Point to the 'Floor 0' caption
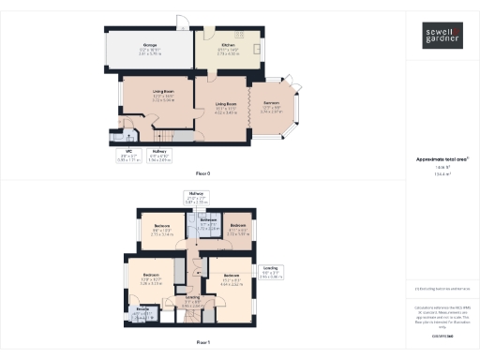tap(203, 174)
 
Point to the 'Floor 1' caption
tap(203, 343)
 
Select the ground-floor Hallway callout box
tap(159, 157)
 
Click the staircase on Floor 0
tap(178, 132)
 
